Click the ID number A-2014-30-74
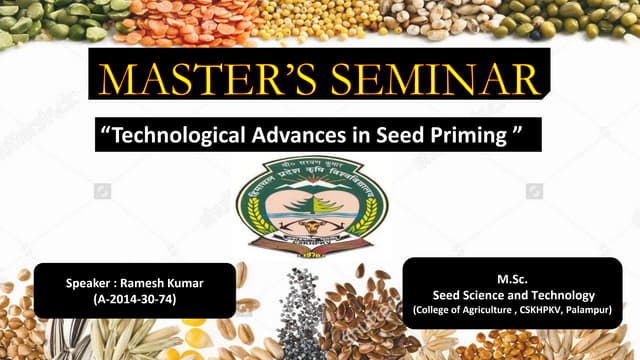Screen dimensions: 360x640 point(133,299)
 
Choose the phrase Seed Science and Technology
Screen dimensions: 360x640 point(512,295)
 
